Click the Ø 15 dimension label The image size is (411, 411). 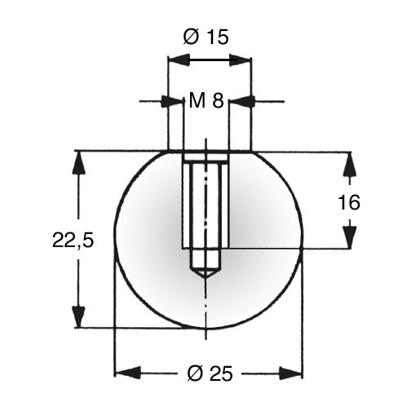[205, 37]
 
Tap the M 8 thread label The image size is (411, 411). [206, 100]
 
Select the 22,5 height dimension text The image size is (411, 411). [73, 240]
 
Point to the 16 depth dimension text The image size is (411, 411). [349, 202]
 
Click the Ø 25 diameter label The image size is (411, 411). [210, 373]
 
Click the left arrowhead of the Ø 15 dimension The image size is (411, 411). [179, 60]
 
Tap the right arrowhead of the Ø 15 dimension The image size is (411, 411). [240, 60]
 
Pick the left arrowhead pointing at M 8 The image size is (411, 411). [172, 101]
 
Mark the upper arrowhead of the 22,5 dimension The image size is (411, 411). [79, 163]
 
